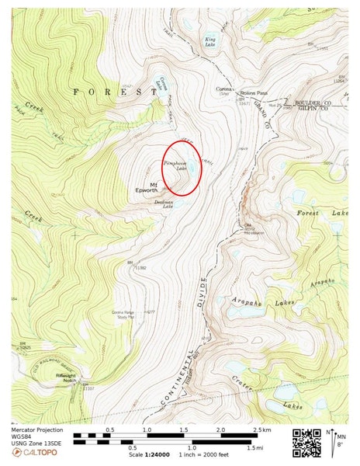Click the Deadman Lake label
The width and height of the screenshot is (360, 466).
163,203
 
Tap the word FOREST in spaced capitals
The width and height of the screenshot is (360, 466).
109,92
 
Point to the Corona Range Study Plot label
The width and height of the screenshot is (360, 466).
126,313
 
